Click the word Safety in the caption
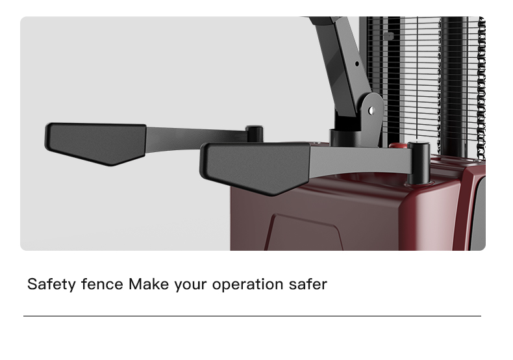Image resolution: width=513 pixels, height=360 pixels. coord(51,285)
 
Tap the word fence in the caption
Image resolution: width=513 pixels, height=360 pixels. coord(102,284)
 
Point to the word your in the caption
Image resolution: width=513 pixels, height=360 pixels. coord(190,285)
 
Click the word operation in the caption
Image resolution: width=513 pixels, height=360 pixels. coord(247,285)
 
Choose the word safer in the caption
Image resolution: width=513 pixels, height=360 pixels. coord(308,284)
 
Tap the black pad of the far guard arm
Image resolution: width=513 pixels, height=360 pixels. coord(96,144)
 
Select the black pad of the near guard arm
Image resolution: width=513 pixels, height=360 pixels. coord(255,168)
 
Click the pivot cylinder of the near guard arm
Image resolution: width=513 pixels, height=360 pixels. coord(418,162)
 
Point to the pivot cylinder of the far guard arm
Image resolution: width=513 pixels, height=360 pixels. coord(254,133)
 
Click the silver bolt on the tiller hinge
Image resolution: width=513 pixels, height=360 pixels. coord(371,110)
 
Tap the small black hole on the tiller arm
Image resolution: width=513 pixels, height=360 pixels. coord(357,64)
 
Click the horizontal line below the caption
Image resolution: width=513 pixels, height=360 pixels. coord(252,316)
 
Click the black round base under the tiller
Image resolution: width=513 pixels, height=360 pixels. coord(347,138)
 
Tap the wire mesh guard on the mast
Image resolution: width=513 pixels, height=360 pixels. coord(422,82)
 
